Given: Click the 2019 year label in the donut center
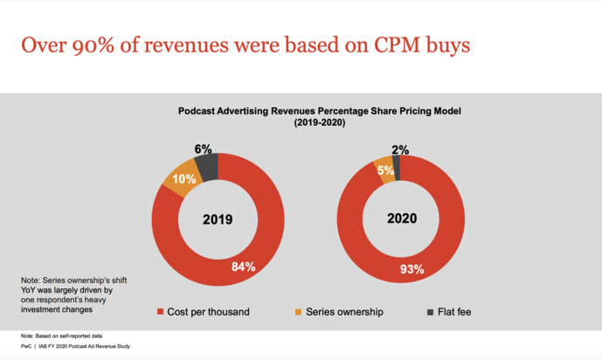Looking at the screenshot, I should pos(217,219).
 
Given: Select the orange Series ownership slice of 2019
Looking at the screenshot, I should pos(176,177).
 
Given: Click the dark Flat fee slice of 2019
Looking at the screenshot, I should pos(206,165).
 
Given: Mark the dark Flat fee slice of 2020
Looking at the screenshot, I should pos(397,161).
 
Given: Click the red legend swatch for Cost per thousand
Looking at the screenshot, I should pos(160,310).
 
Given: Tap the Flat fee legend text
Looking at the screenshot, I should pos(453,310).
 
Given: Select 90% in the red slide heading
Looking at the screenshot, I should pos(110,45).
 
